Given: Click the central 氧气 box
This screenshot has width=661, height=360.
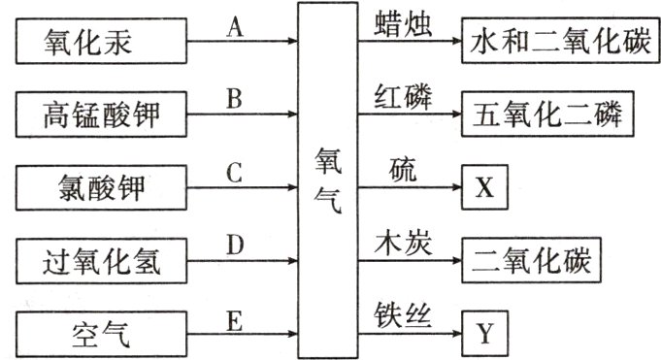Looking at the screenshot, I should pos(327,180).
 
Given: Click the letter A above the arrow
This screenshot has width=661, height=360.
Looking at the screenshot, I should pos(233,26).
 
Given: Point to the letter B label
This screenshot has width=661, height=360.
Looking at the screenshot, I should pos(233,98).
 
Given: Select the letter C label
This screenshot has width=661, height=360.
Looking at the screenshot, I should pos(233,172).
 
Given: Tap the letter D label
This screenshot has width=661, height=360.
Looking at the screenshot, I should pos(233,244).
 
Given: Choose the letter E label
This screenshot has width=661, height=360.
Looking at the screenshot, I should pos(233,316).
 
